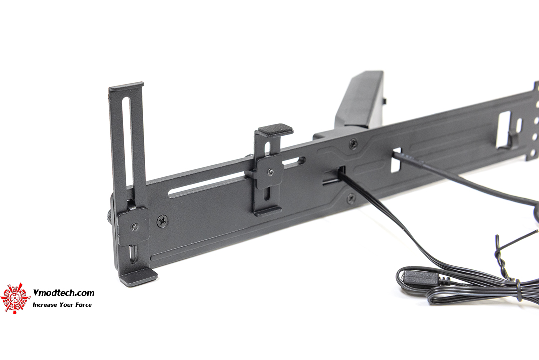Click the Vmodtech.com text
click(x=63, y=293)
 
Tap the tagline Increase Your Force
click(x=62, y=304)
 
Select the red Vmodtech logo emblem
click(x=14, y=298)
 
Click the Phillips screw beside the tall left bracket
click(x=162, y=221)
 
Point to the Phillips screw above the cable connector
click(x=353, y=143)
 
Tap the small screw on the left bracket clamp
click(x=135, y=227)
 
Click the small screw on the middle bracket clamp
click(x=271, y=172)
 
